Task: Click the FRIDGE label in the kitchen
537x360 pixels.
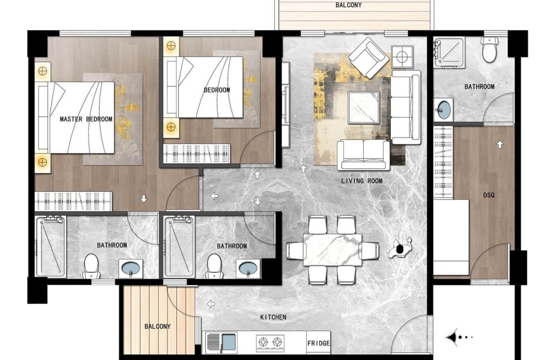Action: coord(319,343)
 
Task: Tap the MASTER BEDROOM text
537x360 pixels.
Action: coord(86,119)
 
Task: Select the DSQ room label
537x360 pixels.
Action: coord(489,195)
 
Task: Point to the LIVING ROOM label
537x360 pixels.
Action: coord(362,181)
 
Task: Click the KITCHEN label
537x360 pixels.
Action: coord(273,317)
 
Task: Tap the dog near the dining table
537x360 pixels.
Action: coord(400,248)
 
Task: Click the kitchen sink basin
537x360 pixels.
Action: coord(229,342)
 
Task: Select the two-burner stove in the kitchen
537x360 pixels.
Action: coord(270,342)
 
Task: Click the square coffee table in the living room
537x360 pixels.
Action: coord(364,107)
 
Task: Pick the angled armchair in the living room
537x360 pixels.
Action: coord(369,58)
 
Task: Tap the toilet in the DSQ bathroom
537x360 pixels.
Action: coord(489,50)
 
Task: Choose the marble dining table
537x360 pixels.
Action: coord(333,249)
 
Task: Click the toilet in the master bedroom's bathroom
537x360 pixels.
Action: coord(91,266)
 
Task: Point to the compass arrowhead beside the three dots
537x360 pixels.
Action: coord(451,338)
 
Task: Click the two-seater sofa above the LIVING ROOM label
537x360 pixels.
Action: coord(364,155)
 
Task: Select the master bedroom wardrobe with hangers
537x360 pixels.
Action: coord(73,201)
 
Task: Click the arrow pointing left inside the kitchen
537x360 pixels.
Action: coord(211,304)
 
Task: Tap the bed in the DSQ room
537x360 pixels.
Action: coord(451,238)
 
